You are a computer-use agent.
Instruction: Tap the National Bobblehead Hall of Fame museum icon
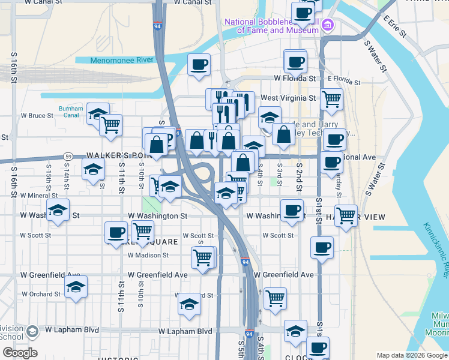(x=327, y=25)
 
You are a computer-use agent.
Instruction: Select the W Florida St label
(x=295, y=78)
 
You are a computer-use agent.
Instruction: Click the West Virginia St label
(x=288, y=98)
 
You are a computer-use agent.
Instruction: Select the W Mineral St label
(x=38, y=195)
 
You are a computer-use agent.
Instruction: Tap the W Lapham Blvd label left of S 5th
(x=185, y=331)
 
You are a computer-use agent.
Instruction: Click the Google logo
(x=20, y=353)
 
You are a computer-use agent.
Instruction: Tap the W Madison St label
(x=148, y=255)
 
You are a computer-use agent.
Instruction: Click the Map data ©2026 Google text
(x=411, y=355)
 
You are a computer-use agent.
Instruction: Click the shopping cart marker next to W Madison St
(x=202, y=257)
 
